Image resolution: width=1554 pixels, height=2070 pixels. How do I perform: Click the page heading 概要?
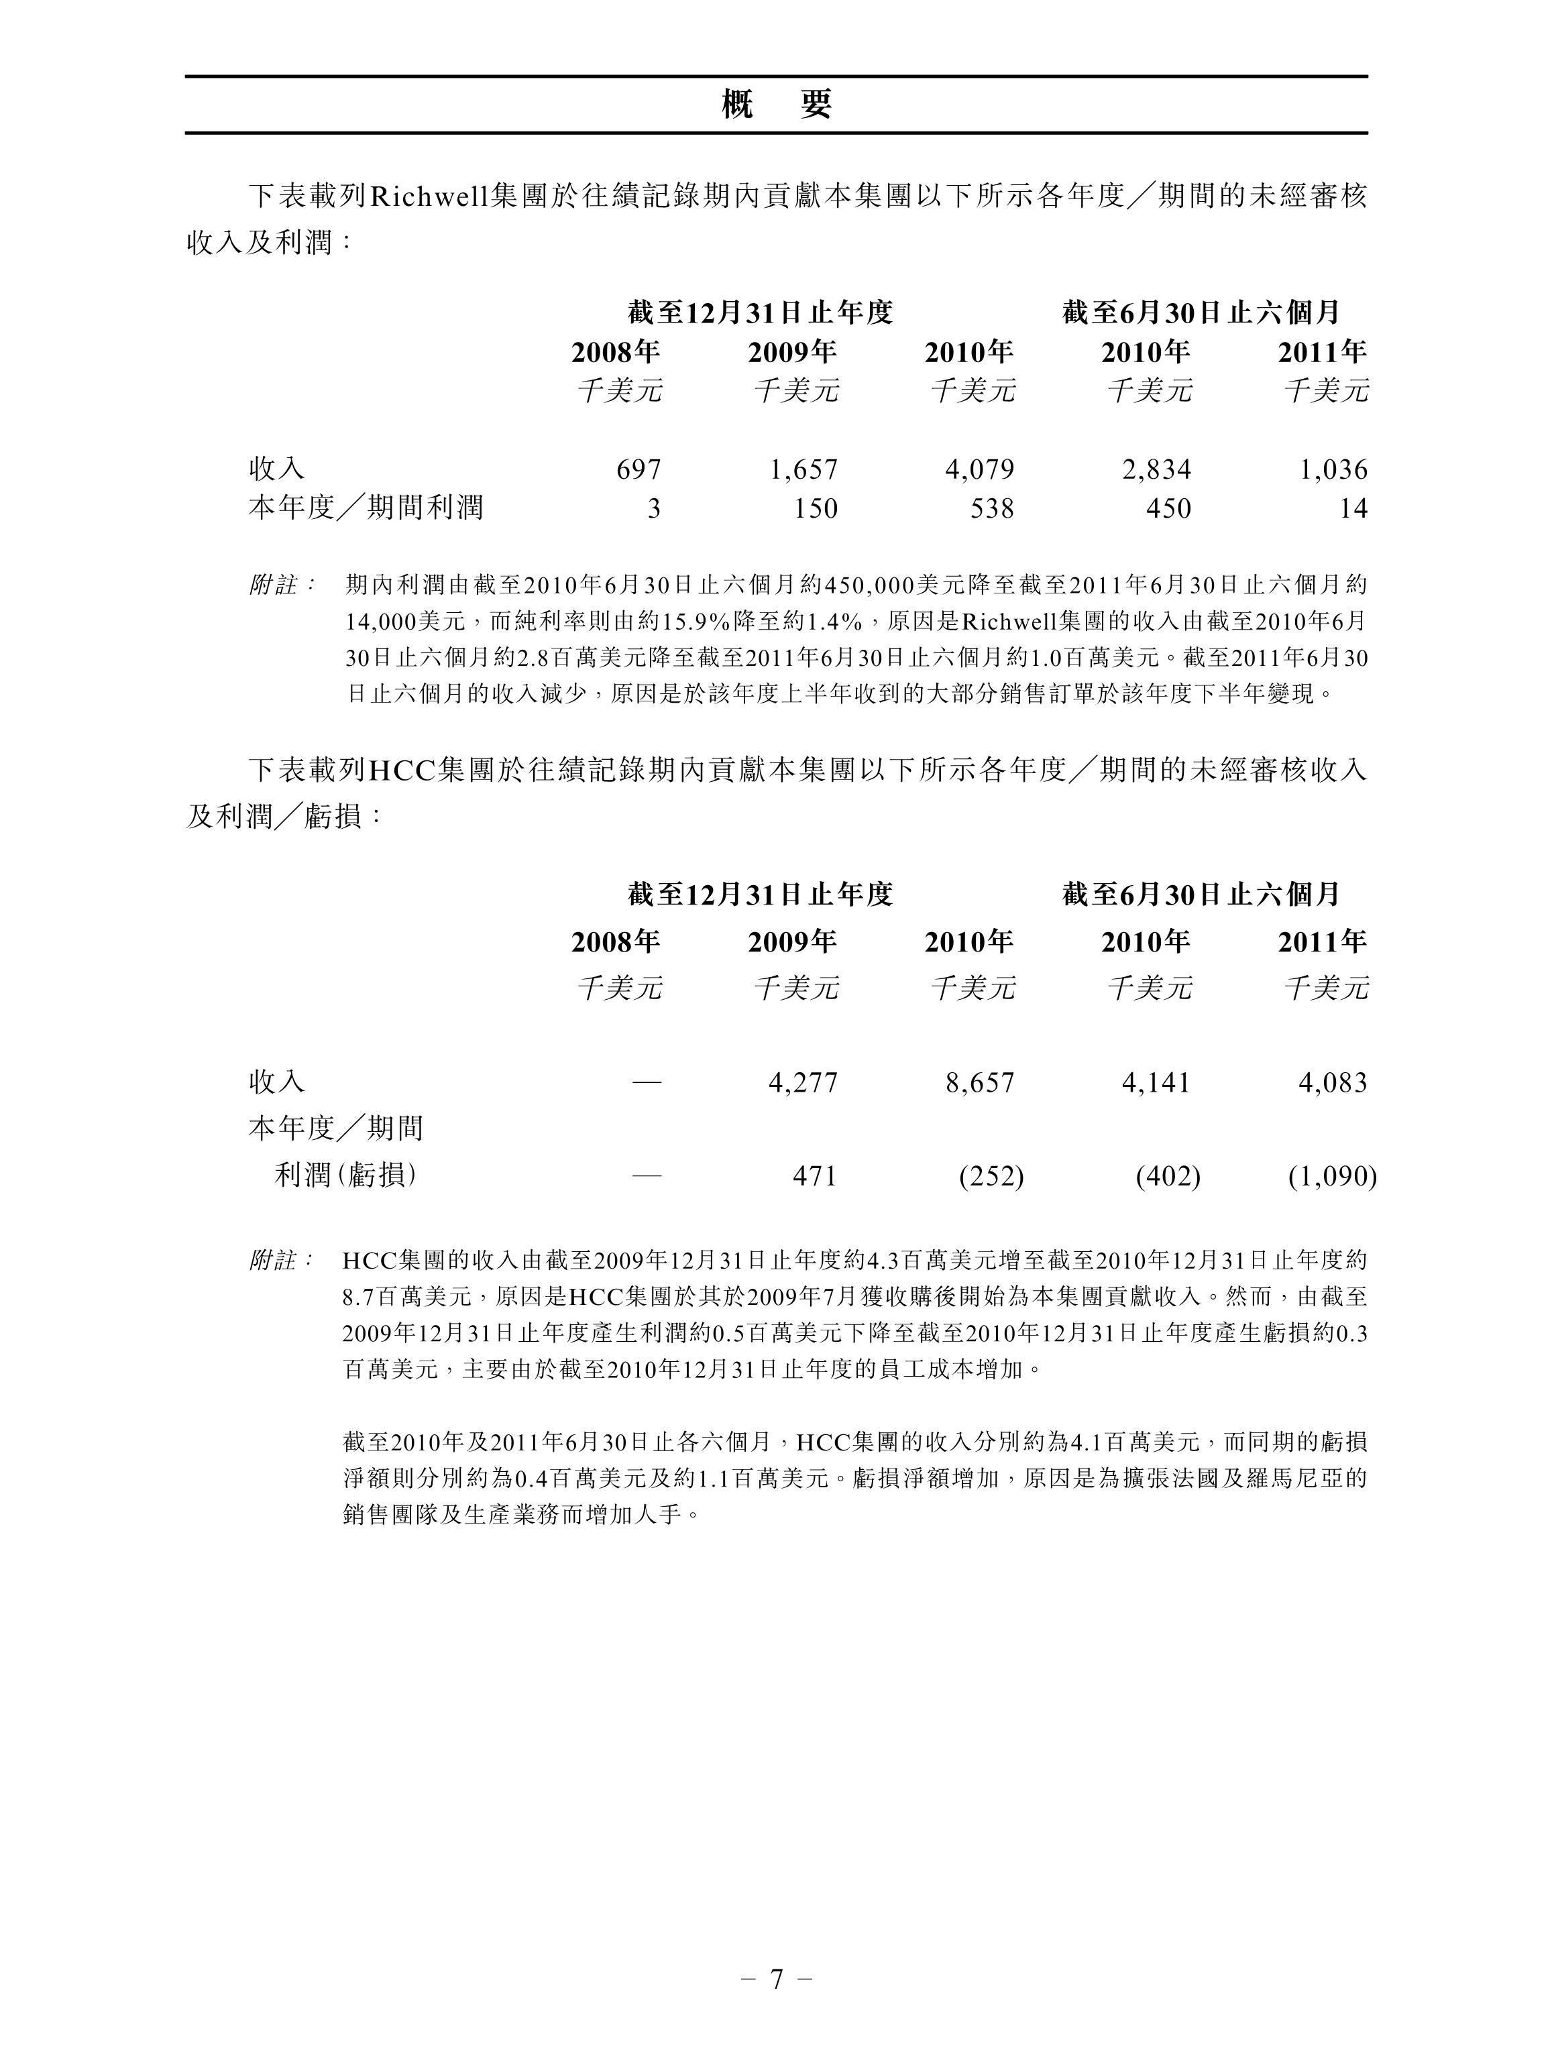tap(776, 105)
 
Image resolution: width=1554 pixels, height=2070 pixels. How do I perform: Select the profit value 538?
tap(993, 508)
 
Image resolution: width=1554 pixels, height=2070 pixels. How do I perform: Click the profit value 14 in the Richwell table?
tap(1353, 508)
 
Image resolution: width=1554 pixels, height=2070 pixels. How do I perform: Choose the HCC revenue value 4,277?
tap(803, 1083)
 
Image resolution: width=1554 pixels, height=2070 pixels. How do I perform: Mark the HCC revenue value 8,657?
tap(979, 1083)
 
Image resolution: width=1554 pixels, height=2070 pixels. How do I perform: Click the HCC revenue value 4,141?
tap(1156, 1083)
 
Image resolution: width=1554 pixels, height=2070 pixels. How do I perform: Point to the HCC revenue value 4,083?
tap(1333, 1083)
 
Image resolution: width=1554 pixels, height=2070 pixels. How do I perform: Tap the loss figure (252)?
tap(991, 1175)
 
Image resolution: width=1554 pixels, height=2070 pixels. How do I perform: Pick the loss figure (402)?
tap(1168, 1175)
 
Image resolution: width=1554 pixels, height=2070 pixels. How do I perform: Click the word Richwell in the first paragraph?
tap(431, 196)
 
